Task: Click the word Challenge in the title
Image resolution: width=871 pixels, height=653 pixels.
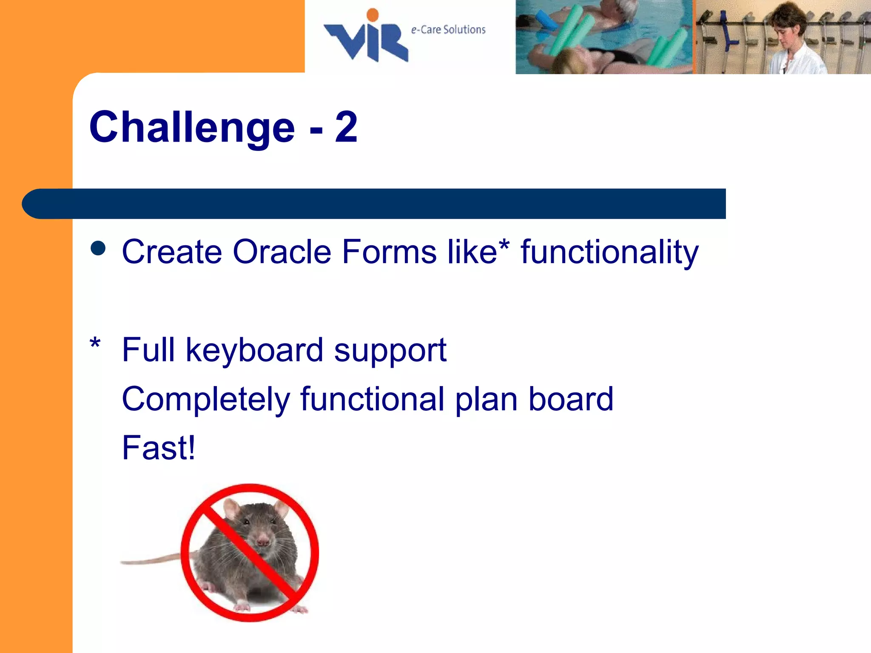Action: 192,127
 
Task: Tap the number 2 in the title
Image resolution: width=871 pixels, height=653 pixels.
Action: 346,127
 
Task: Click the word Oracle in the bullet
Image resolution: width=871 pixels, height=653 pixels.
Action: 282,252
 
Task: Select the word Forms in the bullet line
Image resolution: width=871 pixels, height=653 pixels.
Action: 389,252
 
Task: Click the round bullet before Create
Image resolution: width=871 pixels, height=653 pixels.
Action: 98,249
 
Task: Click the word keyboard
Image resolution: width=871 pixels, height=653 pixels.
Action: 254,350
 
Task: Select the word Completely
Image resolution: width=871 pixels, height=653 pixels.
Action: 206,400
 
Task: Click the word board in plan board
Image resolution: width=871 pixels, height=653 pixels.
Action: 570,399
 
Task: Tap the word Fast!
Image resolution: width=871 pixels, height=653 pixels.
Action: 159,448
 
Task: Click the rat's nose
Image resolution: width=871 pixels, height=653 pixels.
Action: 263,542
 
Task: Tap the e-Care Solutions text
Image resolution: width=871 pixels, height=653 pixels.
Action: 448,30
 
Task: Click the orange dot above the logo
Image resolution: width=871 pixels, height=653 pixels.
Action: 373,15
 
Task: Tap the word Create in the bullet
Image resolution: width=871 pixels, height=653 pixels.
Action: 172,252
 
